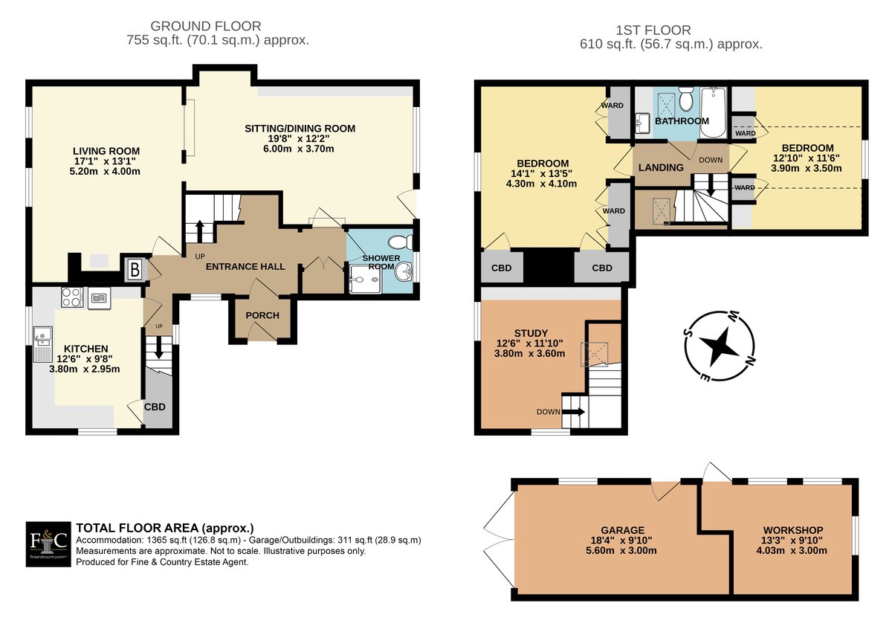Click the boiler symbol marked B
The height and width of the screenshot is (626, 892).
(x=135, y=270)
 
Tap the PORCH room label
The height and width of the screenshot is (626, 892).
(x=262, y=315)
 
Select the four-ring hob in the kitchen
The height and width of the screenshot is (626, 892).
(x=72, y=297)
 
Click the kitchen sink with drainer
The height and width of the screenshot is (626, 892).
(x=42, y=344)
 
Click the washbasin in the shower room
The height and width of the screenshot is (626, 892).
(x=404, y=273)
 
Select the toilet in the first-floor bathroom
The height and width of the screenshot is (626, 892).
(x=686, y=99)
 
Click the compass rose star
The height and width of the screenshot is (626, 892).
(x=719, y=346)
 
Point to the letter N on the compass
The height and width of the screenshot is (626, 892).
(x=750, y=361)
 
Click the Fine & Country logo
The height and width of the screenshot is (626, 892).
(x=48, y=544)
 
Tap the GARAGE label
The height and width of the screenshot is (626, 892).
(x=623, y=530)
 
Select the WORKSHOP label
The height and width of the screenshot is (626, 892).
(x=793, y=530)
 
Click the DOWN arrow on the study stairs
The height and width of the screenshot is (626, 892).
(x=573, y=412)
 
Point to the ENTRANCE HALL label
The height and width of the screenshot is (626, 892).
(x=245, y=266)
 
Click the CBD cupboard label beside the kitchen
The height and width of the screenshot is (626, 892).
(x=155, y=407)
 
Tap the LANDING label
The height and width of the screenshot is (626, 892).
(x=661, y=167)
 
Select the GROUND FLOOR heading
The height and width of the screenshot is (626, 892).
(x=205, y=26)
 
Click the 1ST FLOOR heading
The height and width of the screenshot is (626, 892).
(x=653, y=30)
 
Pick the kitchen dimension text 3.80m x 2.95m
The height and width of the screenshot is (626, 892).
(x=85, y=370)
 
